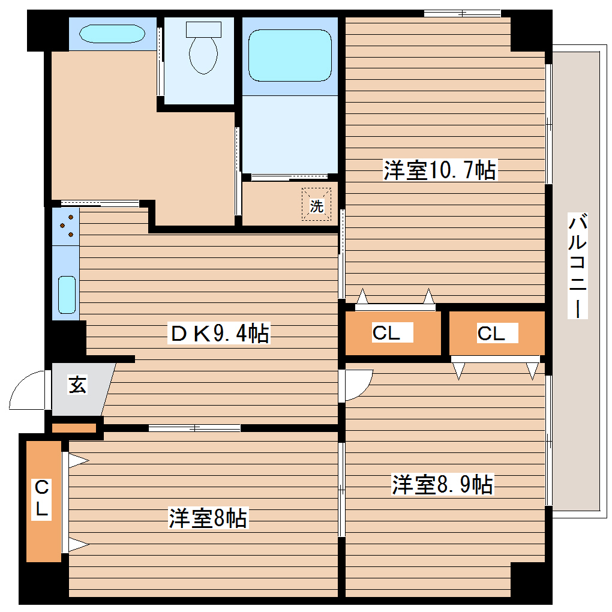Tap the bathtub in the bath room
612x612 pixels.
coord(290,55)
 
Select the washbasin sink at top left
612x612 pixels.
coord(112,33)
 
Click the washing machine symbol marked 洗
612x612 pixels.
coord(316,206)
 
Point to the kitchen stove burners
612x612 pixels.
coord(66,226)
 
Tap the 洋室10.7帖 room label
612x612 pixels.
coord(440,171)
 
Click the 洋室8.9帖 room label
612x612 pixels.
coord(443,484)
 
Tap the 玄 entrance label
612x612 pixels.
coord(77,385)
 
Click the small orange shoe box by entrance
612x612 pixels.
coord(74,428)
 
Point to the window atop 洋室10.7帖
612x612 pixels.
coord(462,13)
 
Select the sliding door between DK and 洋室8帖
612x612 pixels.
coord(194,428)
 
